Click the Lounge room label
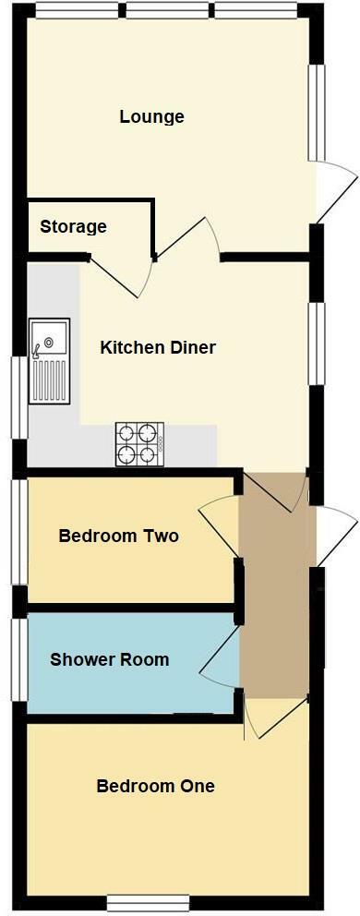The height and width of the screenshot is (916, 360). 151,117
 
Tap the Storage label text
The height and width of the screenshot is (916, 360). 73,227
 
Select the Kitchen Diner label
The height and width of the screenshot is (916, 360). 158,348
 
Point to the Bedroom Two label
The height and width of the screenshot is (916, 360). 118,536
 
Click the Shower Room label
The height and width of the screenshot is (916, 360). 109,660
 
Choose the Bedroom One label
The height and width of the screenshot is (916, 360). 155,787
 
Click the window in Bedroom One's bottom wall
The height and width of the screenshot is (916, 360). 148,901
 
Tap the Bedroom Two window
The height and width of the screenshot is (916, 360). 17,531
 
